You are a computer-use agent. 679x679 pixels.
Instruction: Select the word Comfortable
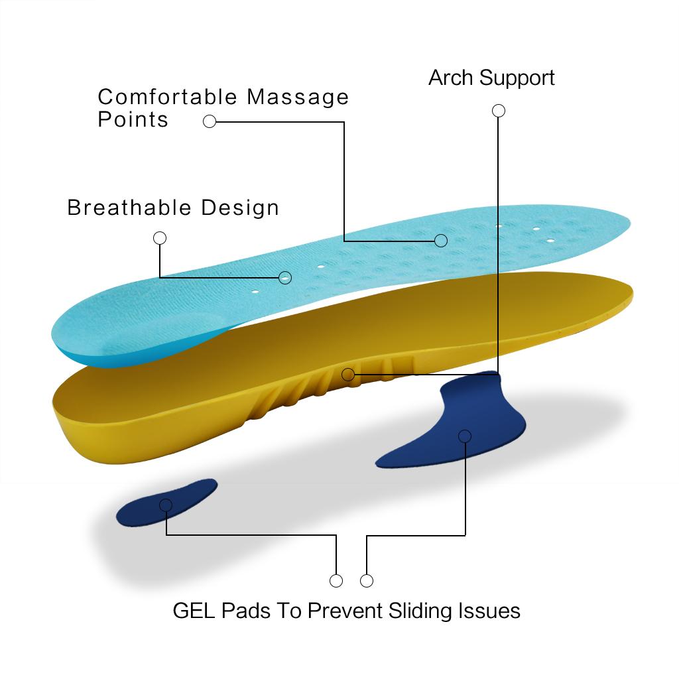point(168,97)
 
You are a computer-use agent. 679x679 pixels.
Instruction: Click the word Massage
point(298,97)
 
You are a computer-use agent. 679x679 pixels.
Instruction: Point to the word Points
point(133,119)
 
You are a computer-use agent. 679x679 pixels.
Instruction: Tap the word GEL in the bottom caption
point(194,610)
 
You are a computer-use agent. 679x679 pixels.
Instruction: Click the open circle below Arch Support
point(499,111)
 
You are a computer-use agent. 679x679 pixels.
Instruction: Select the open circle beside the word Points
point(210,121)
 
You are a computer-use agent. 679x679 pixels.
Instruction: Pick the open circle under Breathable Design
point(160,238)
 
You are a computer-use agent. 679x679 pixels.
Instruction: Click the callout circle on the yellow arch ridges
point(348,375)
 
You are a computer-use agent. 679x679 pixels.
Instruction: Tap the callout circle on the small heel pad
point(166,505)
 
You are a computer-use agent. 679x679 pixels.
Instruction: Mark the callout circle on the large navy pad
point(465,436)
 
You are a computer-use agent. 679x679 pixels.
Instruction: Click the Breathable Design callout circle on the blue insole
point(286,277)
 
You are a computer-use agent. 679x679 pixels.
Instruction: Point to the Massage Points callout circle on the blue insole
point(441,240)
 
